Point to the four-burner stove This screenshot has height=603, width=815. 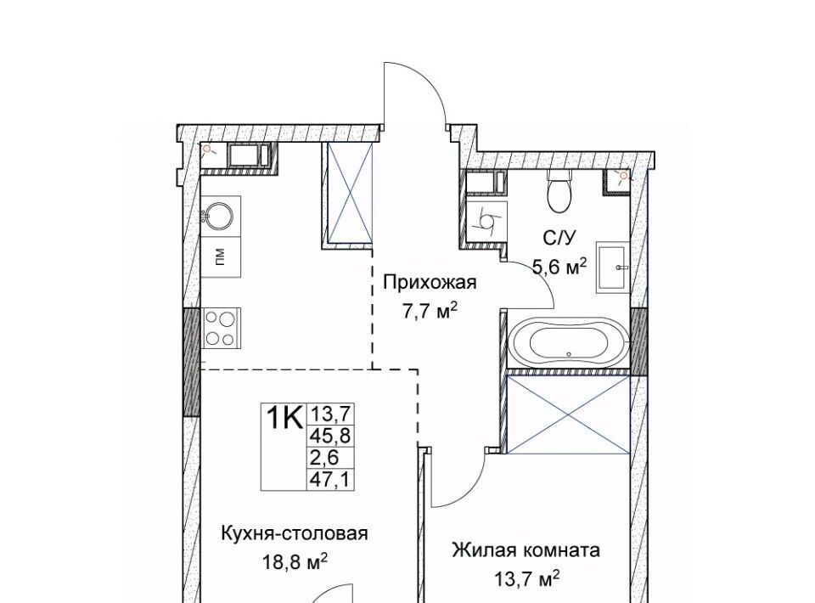coord(221,328)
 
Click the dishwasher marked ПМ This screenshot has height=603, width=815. coord(221,256)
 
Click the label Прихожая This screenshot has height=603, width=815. coord(430,284)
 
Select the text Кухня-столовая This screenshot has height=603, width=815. coord(295,533)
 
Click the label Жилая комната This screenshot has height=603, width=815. coord(526,549)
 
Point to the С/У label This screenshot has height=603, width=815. coord(559,239)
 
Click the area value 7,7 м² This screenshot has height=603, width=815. coord(430,311)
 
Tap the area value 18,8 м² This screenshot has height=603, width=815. coord(295,562)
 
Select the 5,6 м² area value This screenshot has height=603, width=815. coord(559,268)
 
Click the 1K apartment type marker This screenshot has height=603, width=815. coord(284,417)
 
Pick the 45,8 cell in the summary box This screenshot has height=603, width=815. coord(331,436)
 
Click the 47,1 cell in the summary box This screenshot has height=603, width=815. coord(331,479)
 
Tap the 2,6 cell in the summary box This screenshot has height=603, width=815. coord(324,458)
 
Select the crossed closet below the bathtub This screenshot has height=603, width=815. coord(568,414)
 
